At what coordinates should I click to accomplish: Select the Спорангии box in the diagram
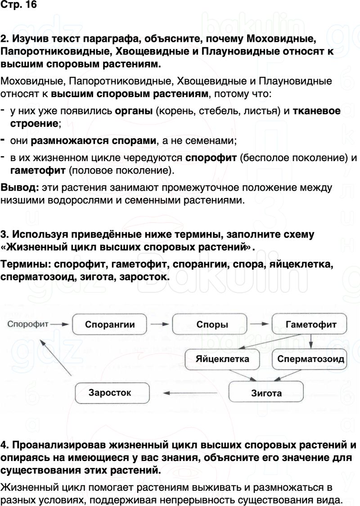pos(110,324)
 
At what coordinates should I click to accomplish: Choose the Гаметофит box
pos(310,324)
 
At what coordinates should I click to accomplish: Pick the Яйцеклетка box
pos(222,359)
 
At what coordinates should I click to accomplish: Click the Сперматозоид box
pos(310,359)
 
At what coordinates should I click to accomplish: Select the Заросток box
pos(110,392)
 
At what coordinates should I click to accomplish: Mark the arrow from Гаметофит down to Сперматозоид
pos(311,343)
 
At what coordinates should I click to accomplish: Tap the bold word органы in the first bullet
pos(134,111)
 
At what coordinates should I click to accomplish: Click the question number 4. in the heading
pos(5,446)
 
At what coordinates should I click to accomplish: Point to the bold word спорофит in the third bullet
pos(211,158)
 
